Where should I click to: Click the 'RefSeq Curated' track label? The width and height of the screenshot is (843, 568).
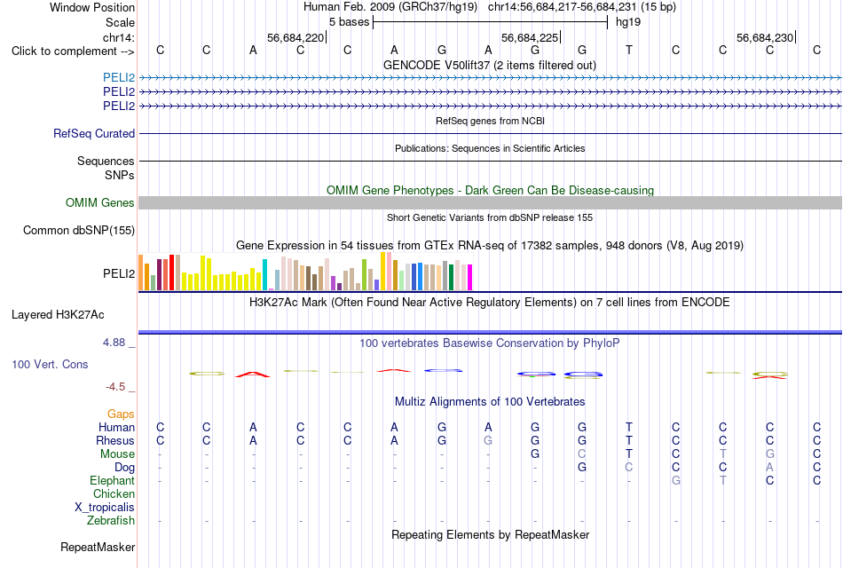tap(94, 133)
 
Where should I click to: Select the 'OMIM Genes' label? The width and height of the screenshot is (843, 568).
tap(100, 202)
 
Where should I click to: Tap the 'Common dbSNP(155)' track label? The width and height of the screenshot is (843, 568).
tap(79, 230)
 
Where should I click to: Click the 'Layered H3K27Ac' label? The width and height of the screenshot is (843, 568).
tap(58, 315)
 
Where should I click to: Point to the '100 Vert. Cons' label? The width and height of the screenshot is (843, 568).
tap(50, 364)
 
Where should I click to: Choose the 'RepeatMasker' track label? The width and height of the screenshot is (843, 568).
tap(98, 547)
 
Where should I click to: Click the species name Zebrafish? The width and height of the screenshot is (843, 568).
tap(111, 520)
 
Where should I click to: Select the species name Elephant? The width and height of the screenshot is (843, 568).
tap(113, 480)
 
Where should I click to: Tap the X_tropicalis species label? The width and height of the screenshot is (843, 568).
tap(105, 508)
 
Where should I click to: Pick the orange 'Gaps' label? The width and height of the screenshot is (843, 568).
tap(121, 414)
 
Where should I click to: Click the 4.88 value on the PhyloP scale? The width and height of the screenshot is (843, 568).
tap(114, 342)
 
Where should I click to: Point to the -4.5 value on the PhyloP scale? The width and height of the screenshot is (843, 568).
tap(115, 387)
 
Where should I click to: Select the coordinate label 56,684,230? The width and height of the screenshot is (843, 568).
tap(765, 37)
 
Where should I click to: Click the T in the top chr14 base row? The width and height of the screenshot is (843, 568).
tap(629, 50)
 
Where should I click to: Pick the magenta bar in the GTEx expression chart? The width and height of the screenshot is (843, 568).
tap(470, 278)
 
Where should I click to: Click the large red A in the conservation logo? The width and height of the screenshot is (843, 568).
tap(253, 375)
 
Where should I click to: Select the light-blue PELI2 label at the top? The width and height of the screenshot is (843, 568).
tap(119, 77)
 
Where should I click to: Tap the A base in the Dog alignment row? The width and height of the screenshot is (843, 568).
tap(770, 467)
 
